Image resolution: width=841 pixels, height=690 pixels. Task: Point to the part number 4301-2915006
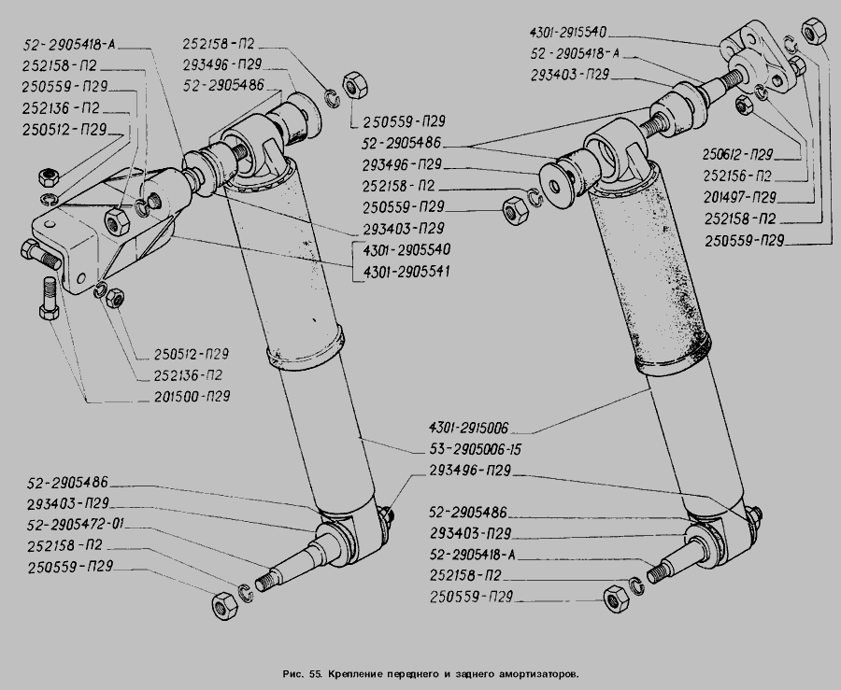click(x=469, y=429)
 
